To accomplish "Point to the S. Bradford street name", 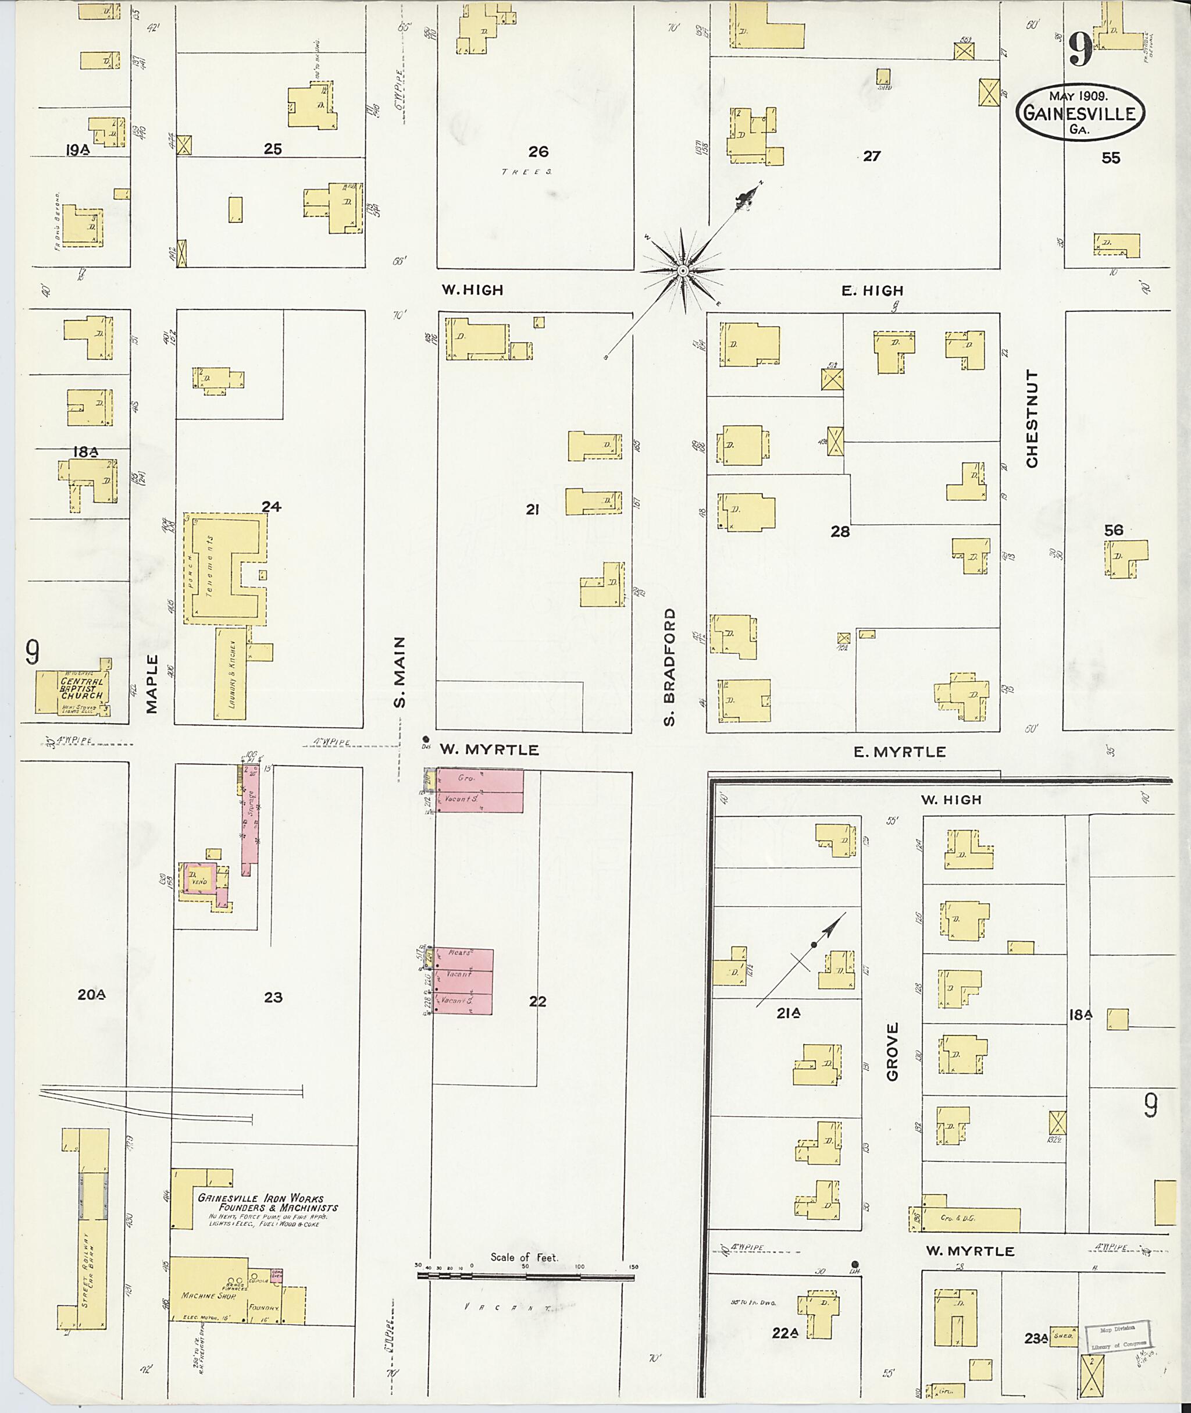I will (669, 667).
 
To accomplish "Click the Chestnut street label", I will (1031, 418).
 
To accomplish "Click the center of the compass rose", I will (683, 271).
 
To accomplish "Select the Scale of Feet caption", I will (525, 1257).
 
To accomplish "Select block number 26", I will (538, 152).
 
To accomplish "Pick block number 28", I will (840, 532).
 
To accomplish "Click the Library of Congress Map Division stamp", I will (1115, 1337).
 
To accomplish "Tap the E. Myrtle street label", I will (899, 752).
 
